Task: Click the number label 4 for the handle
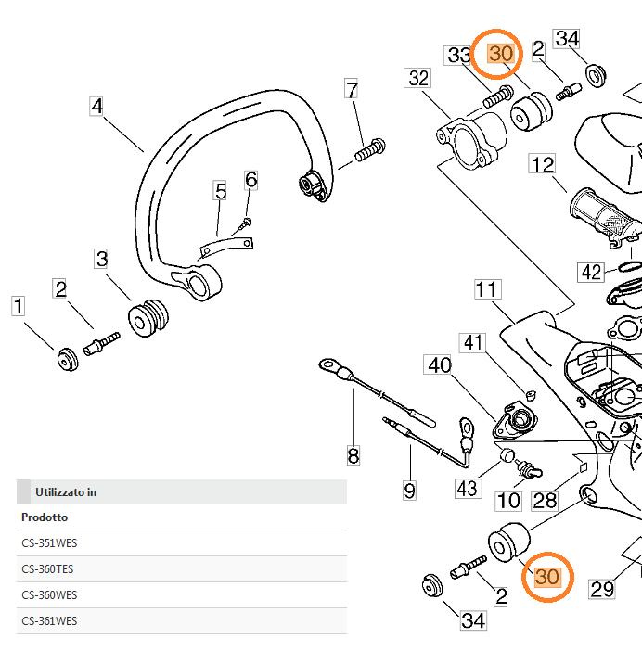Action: (96, 106)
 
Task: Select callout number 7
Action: (351, 90)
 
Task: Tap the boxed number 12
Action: (542, 165)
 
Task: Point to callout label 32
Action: (418, 78)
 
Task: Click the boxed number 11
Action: (487, 289)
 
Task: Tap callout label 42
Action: (591, 272)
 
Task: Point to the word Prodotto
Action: (44, 517)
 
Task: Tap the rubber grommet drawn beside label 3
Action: (148, 318)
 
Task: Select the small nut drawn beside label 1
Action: (66, 358)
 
